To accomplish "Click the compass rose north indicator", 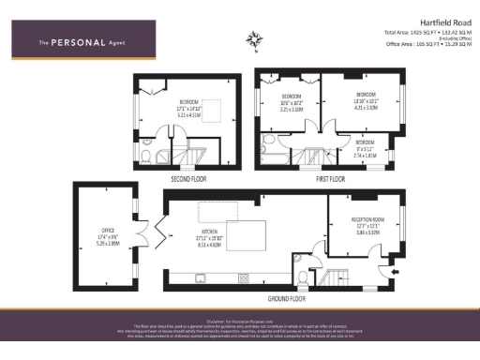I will coord(255,40).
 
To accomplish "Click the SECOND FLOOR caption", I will coord(188,176).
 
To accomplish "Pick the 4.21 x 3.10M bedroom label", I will coord(365,100).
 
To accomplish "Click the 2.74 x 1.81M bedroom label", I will coord(365,146).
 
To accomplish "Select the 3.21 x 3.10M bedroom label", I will coord(292,100).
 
